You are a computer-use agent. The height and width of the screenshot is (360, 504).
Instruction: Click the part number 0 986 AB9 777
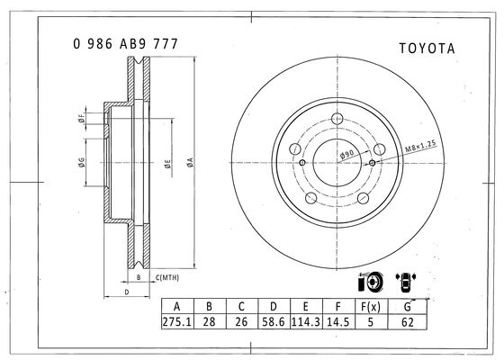(125, 44)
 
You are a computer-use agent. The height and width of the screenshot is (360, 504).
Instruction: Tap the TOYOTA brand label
(427, 49)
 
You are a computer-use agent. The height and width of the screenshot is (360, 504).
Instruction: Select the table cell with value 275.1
(177, 321)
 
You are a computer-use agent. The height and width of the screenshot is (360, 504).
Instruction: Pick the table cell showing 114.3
(306, 321)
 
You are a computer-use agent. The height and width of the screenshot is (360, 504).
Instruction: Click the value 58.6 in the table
(274, 321)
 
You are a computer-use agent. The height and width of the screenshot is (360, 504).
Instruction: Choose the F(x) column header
(371, 307)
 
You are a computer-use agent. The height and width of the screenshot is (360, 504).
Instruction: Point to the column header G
(407, 307)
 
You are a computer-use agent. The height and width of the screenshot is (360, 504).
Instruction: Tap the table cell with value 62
(407, 322)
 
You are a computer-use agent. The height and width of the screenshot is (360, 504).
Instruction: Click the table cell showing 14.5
(338, 321)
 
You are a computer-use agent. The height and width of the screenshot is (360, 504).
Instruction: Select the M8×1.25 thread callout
(420, 146)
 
